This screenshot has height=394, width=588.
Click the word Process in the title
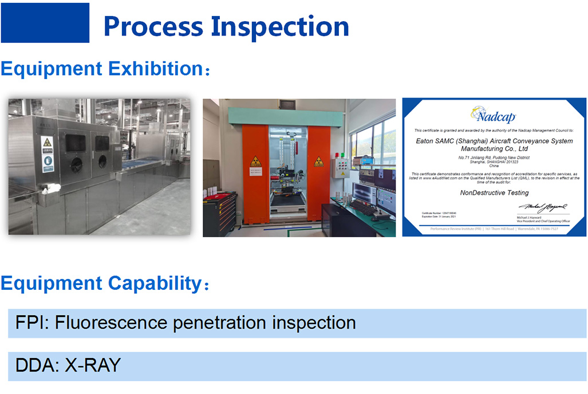(x=153, y=26)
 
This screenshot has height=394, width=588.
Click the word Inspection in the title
(x=280, y=26)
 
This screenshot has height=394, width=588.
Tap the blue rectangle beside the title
(x=45, y=23)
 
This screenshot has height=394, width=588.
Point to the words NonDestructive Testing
(x=494, y=193)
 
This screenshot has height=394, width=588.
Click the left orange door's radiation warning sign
(x=255, y=162)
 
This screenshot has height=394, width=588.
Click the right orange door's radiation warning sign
(x=318, y=162)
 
